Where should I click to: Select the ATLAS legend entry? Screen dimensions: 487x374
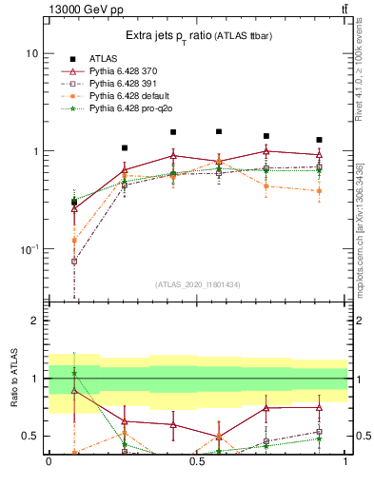click(105, 59)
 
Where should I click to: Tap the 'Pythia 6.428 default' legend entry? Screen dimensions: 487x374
click(129, 97)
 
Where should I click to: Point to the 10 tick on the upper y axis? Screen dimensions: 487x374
click(31, 54)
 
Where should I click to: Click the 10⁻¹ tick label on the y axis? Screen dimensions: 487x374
click(29, 249)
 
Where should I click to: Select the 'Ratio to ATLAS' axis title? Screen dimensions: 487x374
click(12, 378)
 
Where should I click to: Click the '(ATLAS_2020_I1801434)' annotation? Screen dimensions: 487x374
click(198, 284)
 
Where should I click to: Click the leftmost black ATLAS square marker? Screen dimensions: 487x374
click(74, 202)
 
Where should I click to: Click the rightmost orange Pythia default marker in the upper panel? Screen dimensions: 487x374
click(319, 191)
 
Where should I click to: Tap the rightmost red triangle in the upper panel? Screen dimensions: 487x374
click(319, 154)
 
